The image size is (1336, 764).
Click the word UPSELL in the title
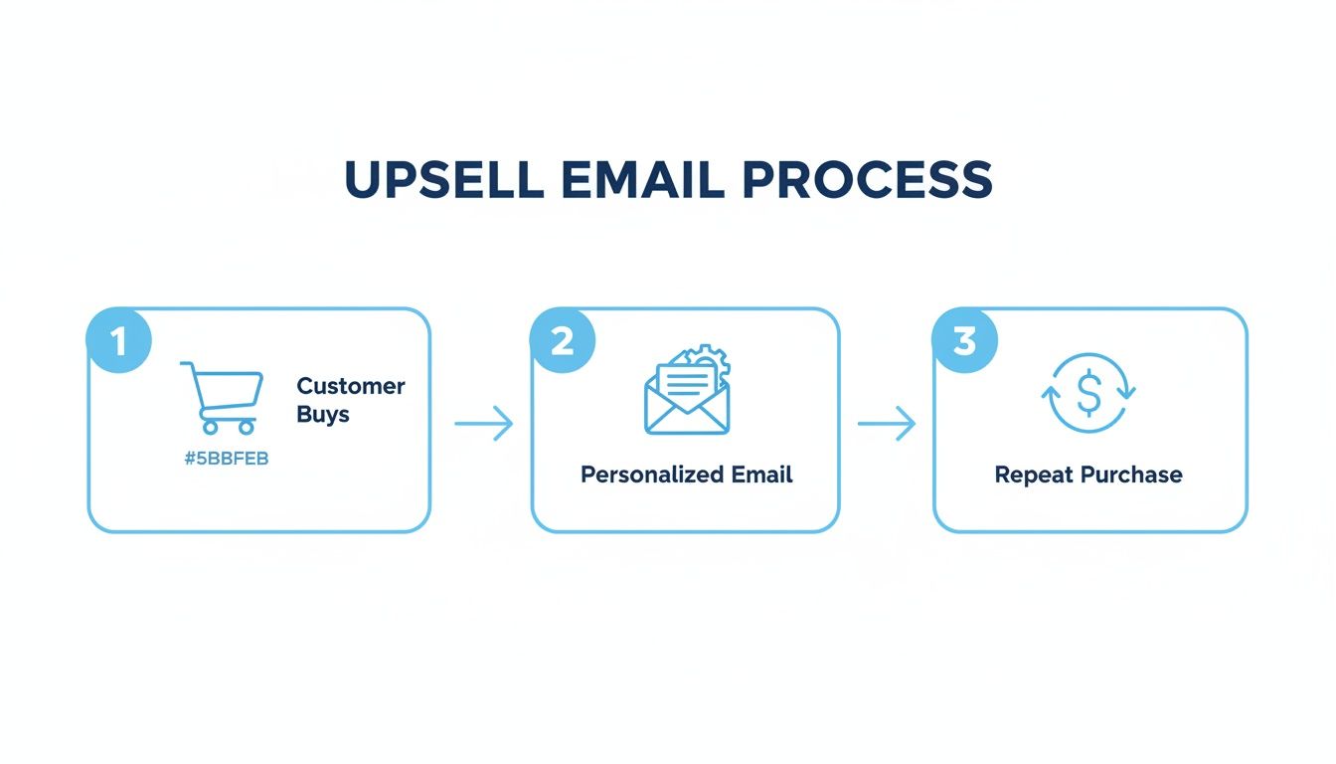[x=443, y=180]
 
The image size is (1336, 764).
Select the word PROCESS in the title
[x=867, y=180]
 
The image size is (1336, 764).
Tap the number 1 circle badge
[x=119, y=341]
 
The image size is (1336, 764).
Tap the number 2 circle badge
[x=562, y=341]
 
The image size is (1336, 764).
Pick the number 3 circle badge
[x=963, y=341]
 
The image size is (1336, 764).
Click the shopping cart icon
[x=224, y=397]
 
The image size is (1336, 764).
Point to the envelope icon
[x=686, y=400]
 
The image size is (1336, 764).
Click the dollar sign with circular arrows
[x=1088, y=393]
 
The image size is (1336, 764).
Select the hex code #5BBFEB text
[x=227, y=459]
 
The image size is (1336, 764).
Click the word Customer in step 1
[x=351, y=386]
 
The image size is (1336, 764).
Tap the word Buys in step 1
[x=323, y=414]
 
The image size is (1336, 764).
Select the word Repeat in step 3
[x=1034, y=475]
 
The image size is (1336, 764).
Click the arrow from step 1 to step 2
[x=484, y=424]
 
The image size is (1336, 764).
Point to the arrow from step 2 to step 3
[x=886, y=424]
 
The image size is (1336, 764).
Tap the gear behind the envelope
[x=712, y=361]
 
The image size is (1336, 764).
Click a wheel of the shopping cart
[x=210, y=427]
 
